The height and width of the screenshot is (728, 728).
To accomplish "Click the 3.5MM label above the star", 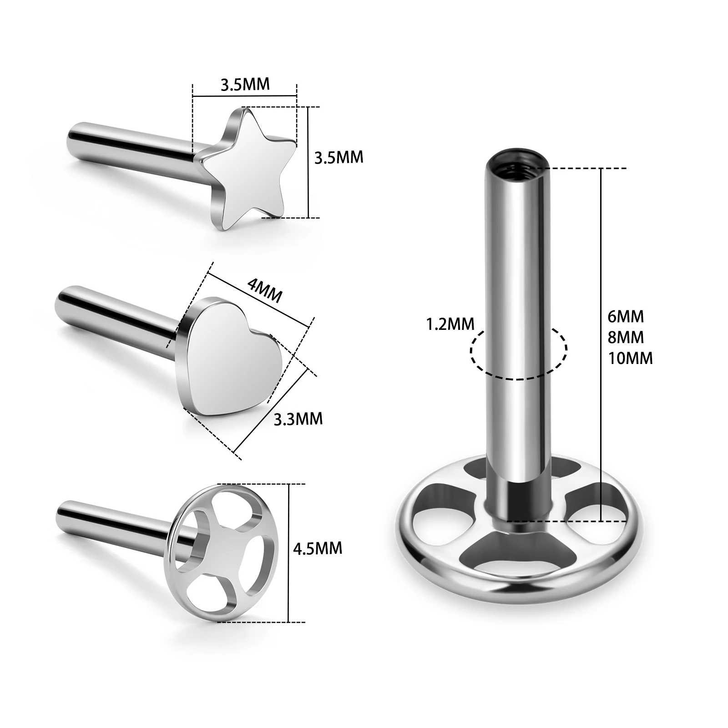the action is point(245,85).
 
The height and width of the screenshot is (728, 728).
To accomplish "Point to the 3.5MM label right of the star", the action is point(339,157).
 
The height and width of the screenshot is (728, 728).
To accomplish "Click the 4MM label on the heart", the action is point(264,290).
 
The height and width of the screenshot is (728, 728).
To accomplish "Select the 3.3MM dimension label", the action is point(298,419).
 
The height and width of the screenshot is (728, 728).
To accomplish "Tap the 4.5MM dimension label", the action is point(317,548).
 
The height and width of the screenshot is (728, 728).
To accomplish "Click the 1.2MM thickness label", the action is point(450,324).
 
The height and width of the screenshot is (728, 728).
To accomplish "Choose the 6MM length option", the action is point(626,316).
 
